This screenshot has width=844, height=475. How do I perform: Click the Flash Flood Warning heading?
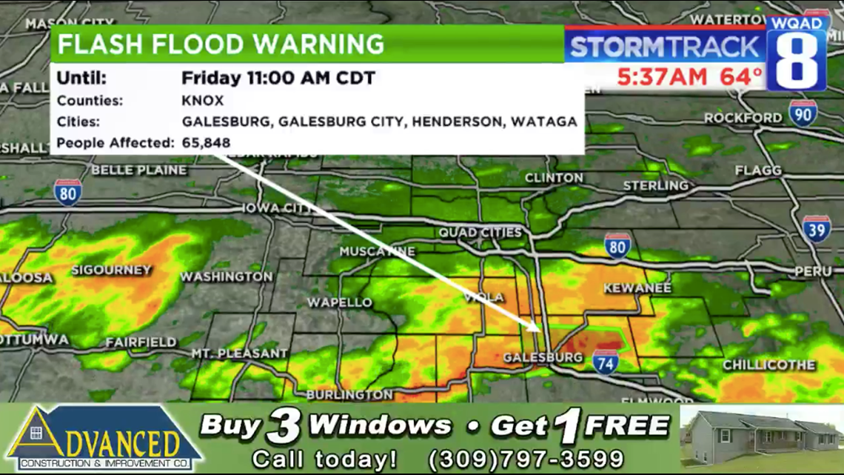pos(221,44)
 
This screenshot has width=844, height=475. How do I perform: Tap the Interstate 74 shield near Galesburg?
pos(605,361)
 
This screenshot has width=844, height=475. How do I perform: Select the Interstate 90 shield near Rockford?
pos(803,113)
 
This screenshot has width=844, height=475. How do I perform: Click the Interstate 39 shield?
pos(816,229)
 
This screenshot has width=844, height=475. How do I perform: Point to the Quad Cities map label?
pos(480,233)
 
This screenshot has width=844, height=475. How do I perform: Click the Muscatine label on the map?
pos(378,252)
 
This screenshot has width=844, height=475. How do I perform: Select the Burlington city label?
pos(349,394)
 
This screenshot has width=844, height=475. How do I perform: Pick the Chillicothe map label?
pos(768,365)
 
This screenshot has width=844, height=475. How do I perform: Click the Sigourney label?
pos(111,270)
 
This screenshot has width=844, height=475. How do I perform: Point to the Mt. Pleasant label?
pos(239,353)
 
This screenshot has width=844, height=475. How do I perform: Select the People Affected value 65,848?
pos(206,142)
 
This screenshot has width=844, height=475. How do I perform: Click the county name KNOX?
pos(203,101)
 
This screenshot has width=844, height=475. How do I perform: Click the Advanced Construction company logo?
pos(104,439)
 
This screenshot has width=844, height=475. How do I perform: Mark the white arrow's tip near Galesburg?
pos(539,328)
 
